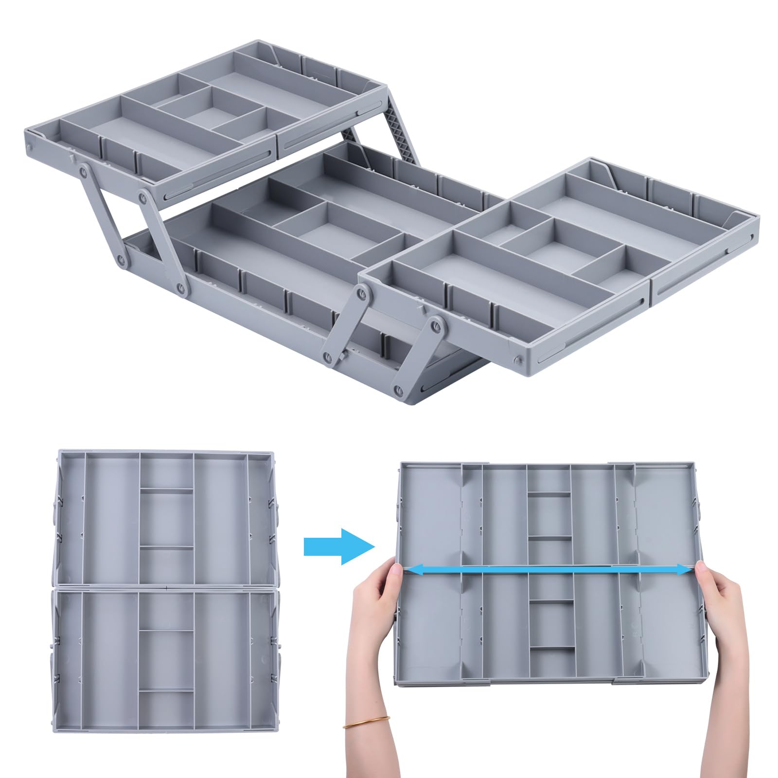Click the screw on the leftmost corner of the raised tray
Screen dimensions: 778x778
[x=30, y=146]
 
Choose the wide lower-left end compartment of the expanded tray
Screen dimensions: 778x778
[x=430, y=627]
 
